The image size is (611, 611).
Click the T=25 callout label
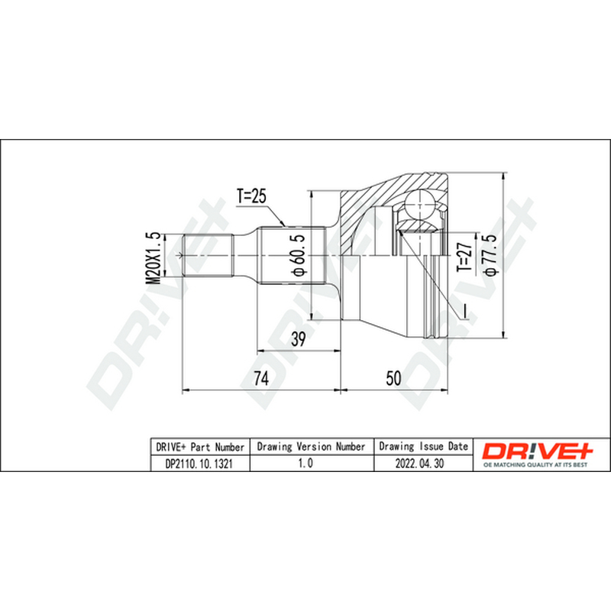tap(251, 196)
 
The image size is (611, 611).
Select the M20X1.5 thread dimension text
tap(153, 258)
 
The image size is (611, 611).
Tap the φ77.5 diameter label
tap(490, 255)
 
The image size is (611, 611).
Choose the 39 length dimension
tap(299, 339)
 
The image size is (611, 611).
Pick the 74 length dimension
tap(261, 378)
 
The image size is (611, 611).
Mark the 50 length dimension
tap(393, 378)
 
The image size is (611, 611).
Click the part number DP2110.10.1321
tap(199, 464)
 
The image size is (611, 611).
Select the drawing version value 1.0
tap(305, 463)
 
